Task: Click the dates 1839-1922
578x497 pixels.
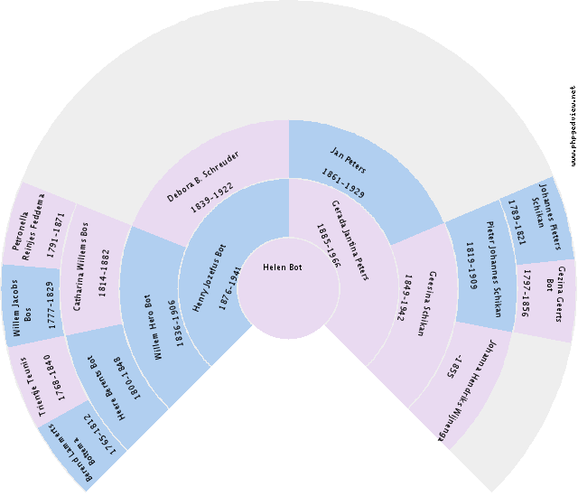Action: pos(212,197)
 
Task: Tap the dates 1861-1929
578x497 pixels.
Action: pos(343,170)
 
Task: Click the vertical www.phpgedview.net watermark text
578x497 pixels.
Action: pos(573,126)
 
